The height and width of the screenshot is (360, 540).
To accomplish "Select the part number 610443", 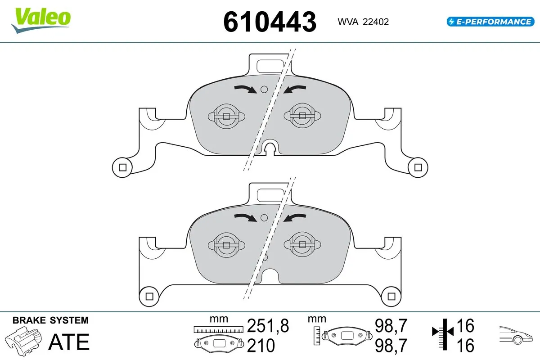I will tap(270, 22).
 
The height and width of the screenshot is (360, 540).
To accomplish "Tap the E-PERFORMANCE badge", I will tap(489, 21).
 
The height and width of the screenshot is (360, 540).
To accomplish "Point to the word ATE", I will tap(69, 342).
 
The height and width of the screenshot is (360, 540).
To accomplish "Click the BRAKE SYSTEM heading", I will tap(50, 320).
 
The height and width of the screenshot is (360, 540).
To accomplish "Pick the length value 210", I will tap(261, 346).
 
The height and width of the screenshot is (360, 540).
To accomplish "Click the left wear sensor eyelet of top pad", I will tap(121, 168).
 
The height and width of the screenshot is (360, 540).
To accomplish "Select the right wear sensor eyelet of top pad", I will tap(418, 168).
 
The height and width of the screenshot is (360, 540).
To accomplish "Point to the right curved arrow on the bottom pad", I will tap(295, 218).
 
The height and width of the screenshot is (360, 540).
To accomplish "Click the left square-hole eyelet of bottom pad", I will tap(149, 296).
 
